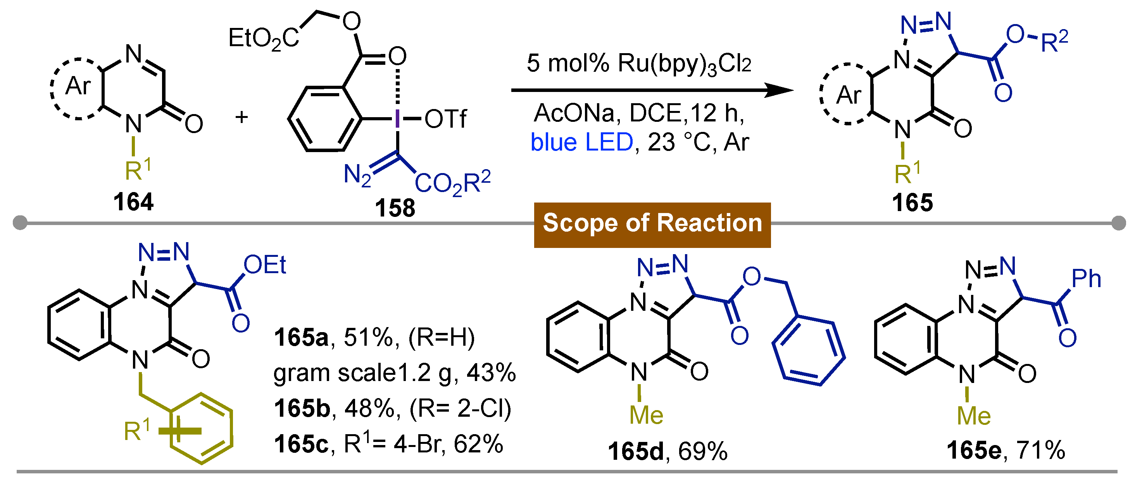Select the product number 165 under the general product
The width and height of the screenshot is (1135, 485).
[x=912, y=203]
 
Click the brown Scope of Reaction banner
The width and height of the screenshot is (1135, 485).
[x=652, y=223]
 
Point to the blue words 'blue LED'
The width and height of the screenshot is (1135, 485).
[x=581, y=142]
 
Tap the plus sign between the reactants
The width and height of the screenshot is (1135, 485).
[x=241, y=117]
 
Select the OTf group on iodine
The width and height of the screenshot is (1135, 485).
[x=445, y=119]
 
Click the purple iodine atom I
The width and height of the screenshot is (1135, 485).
[x=397, y=119]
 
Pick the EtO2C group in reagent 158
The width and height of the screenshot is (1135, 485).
[x=264, y=38]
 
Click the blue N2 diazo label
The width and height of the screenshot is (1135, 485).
[x=357, y=175]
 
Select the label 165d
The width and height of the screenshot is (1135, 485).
[x=635, y=452]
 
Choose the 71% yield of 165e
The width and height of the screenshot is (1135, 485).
[x=1041, y=450]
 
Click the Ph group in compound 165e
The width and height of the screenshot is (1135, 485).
[x=1086, y=279]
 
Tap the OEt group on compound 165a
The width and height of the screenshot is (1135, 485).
[x=265, y=265]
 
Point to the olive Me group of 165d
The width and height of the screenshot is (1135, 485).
[x=646, y=415]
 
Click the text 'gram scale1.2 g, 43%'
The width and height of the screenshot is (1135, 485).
[x=394, y=373]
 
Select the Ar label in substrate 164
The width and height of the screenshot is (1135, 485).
[x=78, y=85]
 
